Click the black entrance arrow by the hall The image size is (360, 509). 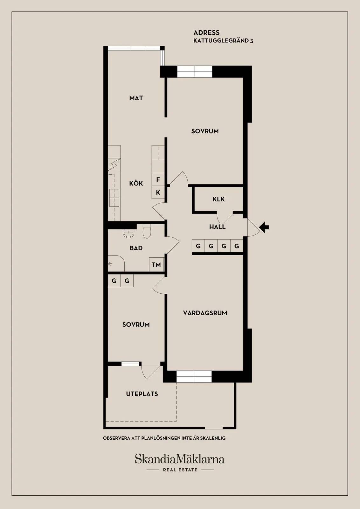click(264, 227)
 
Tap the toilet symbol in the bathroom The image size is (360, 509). click(147, 231)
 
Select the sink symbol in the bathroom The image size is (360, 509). click(128, 234)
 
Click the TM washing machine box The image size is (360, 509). click(156, 264)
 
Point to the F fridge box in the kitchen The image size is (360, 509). click(158, 179)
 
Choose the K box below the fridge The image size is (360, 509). click(158, 192)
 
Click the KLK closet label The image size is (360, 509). click(218, 199)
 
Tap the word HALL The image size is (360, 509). click(217, 227)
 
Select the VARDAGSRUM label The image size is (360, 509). click(205, 313)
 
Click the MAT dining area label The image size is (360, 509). click(136, 98)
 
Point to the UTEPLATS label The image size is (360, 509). click(142, 394)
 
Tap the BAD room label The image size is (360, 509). click(136, 248)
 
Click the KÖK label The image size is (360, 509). click(136, 183)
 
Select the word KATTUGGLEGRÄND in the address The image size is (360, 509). click(220, 41)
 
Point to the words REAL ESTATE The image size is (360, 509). click(180, 470)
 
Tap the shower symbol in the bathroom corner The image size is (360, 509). click(116, 263)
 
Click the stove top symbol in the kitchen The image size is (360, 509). click(114, 198)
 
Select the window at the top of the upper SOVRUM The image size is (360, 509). click(195, 72)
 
